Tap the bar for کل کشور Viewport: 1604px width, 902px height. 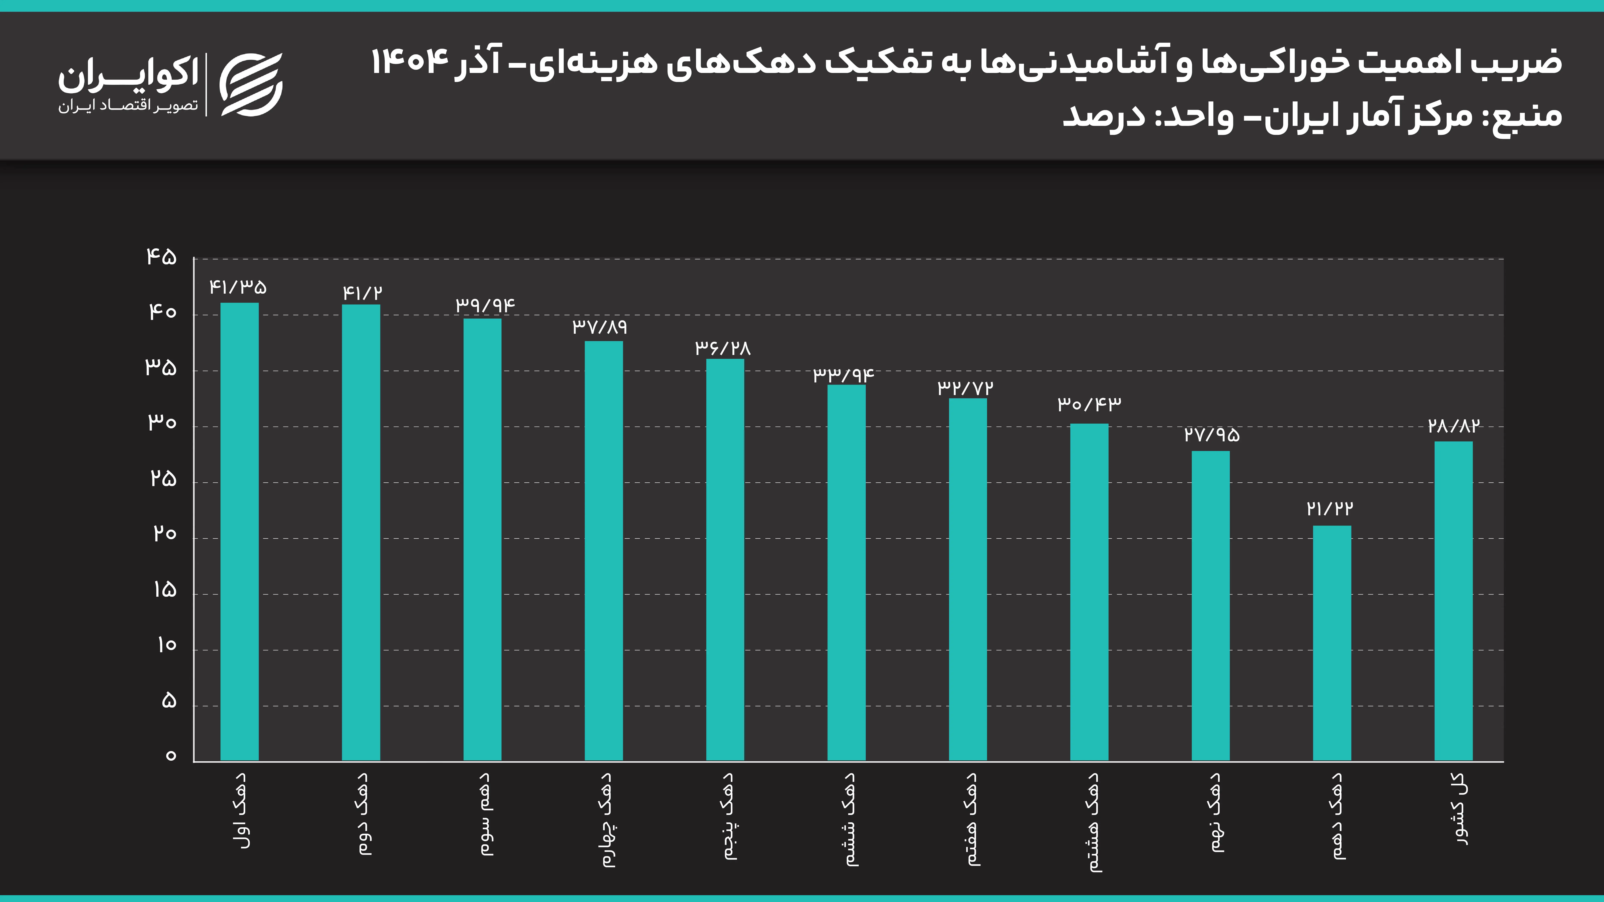[1453, 601]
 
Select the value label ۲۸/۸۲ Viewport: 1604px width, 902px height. [1453, 426]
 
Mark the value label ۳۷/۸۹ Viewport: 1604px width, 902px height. [600, 327]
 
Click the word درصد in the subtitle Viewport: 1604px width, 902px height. [1103, 116]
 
